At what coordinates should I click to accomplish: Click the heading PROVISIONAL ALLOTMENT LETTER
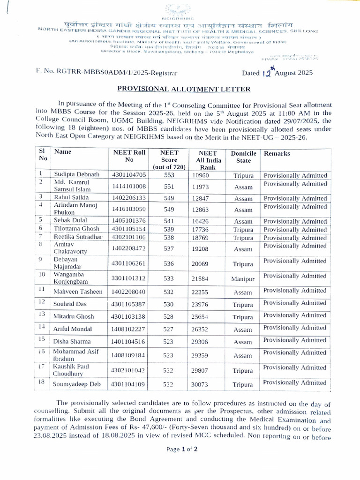point(184,89)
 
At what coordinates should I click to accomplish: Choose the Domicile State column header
point(243,157)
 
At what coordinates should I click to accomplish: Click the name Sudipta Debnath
point(76,175)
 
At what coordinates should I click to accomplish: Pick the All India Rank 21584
point(203,278)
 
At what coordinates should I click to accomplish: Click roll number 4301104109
point(129,384)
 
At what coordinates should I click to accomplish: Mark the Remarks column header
point(277,153)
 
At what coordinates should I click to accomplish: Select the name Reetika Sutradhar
point(77,237)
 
